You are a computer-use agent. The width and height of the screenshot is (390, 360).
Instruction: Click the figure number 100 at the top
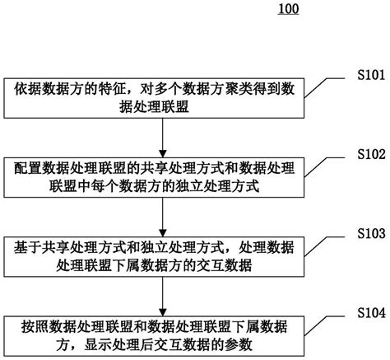click(x=289, y=10)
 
